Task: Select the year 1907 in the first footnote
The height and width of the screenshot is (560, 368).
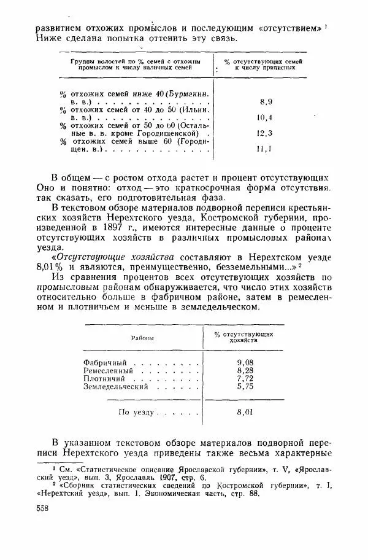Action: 175,478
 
